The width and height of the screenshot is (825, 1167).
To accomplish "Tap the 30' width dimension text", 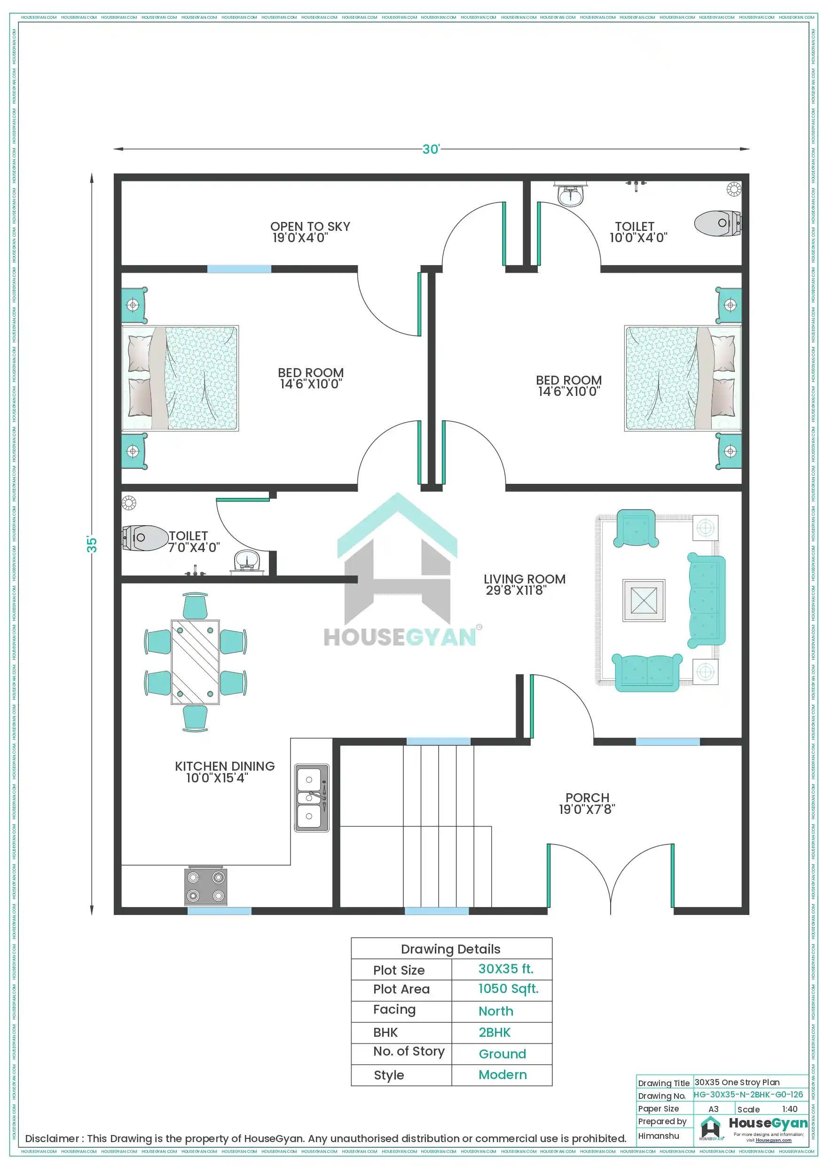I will point(431,149).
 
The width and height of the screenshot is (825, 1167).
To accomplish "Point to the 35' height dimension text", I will point(92,544).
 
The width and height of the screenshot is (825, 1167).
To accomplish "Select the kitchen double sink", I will point(311,797).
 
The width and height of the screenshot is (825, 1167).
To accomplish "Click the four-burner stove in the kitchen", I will point(205,886).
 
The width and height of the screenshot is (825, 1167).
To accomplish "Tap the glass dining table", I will point(195,662).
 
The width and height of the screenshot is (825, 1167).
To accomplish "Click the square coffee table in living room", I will point(644,600).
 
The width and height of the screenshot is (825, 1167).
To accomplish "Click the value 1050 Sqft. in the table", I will point(508,989).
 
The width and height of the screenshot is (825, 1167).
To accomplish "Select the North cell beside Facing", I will point(495,1011).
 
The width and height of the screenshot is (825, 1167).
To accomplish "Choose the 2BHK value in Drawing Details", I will point(494,1033).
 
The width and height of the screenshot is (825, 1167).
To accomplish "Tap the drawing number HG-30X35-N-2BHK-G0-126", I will point(748,1094).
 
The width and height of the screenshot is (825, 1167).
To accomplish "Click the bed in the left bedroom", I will point(181,378).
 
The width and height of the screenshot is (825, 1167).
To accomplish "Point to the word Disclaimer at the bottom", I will point(52,1138).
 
